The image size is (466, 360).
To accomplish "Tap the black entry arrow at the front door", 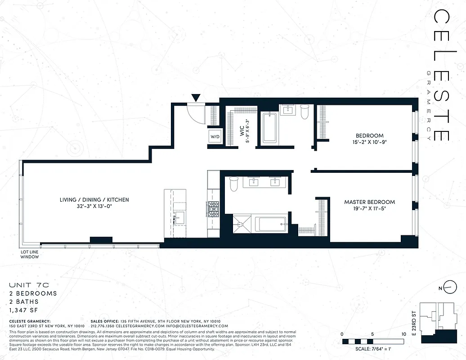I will tap(196, 98).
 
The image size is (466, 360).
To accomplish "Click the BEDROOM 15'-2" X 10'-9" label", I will tap(369, 139).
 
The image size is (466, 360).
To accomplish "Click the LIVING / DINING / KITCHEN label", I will tap(94, 203).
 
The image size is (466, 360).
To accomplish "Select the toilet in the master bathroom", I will tap(233, 184).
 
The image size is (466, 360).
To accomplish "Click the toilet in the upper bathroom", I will tap(305, 111).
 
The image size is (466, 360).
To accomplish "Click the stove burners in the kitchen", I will tap(213, 208).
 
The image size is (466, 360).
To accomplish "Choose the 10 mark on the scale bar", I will tap(403, 334).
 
